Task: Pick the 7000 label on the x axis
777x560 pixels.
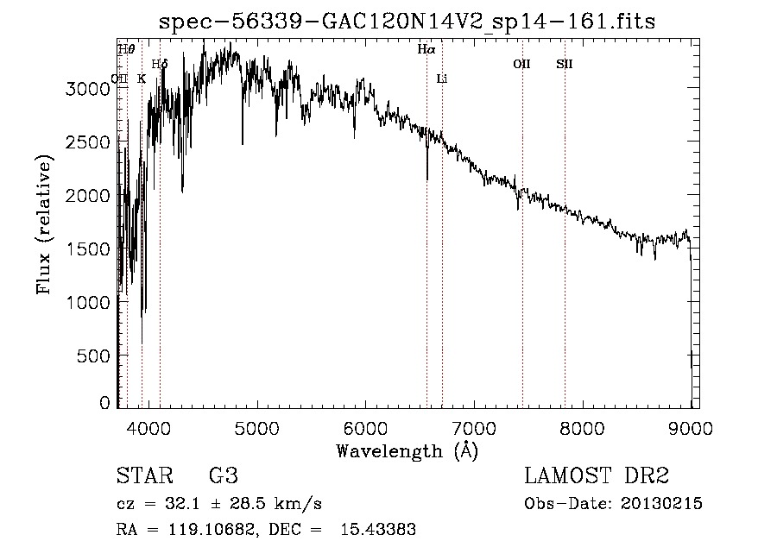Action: coord(473,425)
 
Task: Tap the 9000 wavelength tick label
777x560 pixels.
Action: coord(691,425)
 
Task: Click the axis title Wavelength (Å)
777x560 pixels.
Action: coord(407,450)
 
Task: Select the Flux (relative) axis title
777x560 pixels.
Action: coord(44,223)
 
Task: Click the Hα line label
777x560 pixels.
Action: coord(426,50)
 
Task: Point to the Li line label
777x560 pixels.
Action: coord(442,79)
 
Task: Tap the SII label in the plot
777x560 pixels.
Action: coord(565,64)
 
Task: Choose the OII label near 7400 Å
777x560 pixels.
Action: coord(521,64)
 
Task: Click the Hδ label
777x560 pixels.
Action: coord(160,64)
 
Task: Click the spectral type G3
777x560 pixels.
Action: coord(224,476)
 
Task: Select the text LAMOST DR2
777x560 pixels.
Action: coord(597,476)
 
